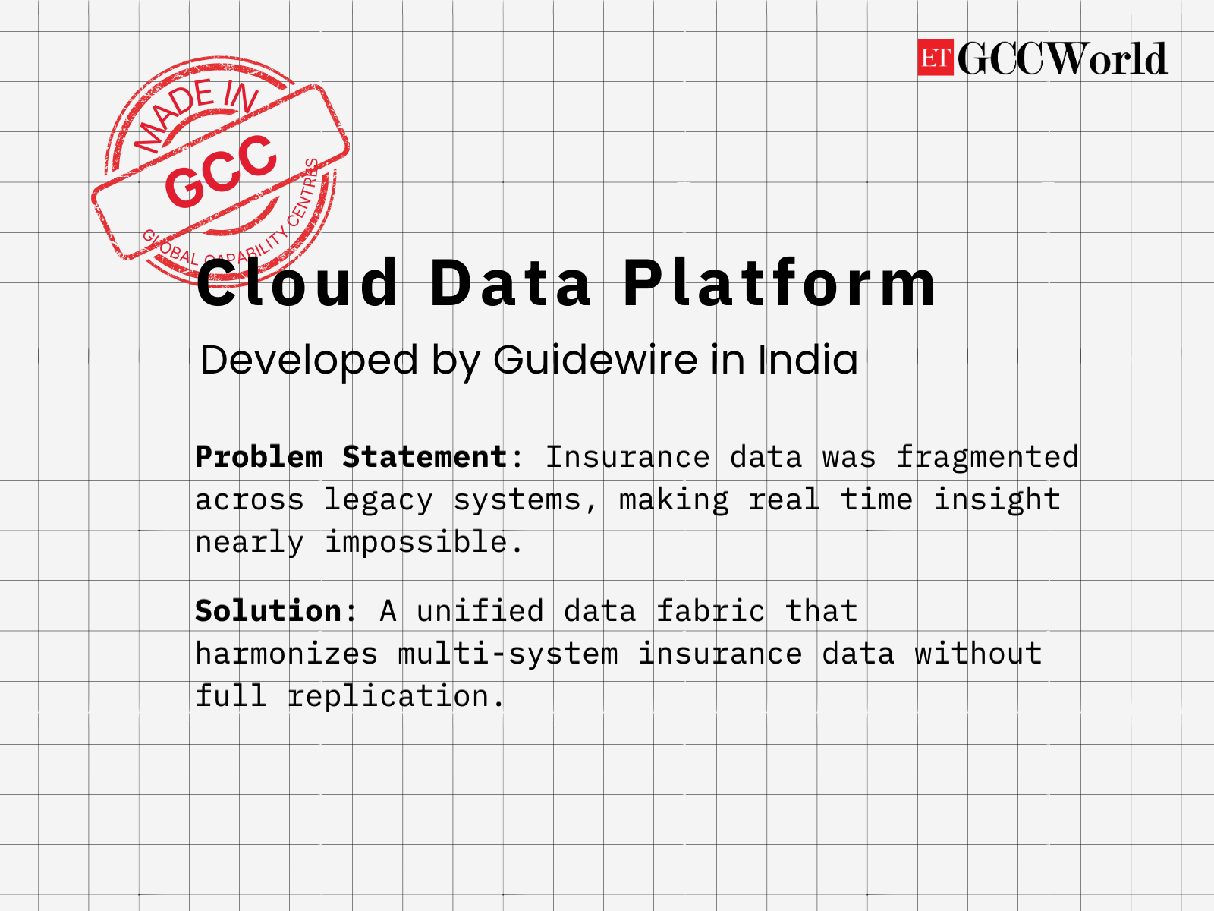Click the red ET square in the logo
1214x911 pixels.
[x=935, y=58]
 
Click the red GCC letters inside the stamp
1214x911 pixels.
[x=221, y=171]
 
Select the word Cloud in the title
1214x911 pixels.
[x=297, y=283]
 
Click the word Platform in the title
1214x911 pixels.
[x=779, y=283]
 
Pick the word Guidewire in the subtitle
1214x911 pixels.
[x=595, y=360]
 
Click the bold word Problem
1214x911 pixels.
[x=259, y=457]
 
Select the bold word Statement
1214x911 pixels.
[x=424, y=457]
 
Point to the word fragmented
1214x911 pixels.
[x=986, y=457]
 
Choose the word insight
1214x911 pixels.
[x=996, y=500]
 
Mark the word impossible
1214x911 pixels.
[x=415, y=543]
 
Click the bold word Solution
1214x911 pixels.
[x=268, y=611]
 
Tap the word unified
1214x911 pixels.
[x=480, y=611]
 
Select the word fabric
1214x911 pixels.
[x=710, y=611]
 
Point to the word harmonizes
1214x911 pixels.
[x=286, y=654]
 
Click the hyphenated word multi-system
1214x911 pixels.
[x=508, y=654]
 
